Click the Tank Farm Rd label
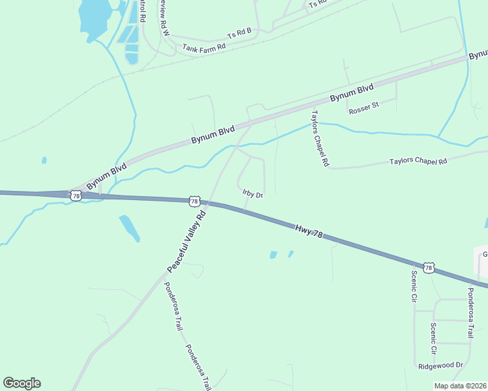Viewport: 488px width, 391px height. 204,48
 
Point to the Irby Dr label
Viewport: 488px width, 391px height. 252,194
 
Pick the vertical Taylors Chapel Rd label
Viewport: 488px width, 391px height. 318,138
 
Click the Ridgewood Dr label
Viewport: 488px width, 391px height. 440,366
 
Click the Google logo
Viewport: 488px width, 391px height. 22,383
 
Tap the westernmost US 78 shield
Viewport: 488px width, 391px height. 76,195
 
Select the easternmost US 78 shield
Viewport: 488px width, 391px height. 428,267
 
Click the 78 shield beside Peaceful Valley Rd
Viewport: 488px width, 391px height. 194,201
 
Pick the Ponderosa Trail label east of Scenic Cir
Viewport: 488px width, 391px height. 470,312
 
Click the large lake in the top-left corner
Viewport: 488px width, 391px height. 93,16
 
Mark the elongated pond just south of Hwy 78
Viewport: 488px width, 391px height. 129,227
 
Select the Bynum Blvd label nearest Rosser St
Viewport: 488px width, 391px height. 351,93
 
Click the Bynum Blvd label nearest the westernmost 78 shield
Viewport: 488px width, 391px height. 106,176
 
